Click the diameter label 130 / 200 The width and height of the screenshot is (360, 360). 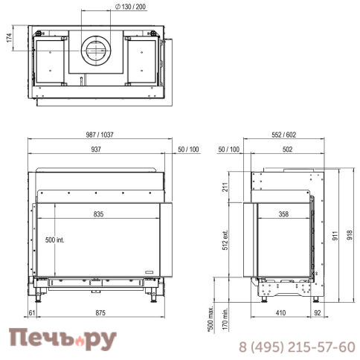pyautogui.click(x=131, y=7)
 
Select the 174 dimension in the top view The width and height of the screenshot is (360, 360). pyautogui.click(x=9, y=38)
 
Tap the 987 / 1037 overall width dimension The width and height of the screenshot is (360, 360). pyautogui.click(x=100, y=135)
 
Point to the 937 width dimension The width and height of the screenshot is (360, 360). pyautogui.click(x=96, y=150)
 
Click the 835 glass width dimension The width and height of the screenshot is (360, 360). pyautogui.click(x=98, y=214)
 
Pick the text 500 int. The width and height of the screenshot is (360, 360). pyautogui.click(x=55, y=240)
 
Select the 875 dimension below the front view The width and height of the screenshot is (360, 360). pyautogui.click(x=100, y=313)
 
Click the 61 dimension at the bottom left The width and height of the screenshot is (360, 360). pyautogui.click(x=32, y=313)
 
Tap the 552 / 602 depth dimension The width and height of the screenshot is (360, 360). pyautogui.click(x=284, y=135)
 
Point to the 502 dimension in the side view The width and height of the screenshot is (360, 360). pyautogui.click(x=287, y=150)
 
